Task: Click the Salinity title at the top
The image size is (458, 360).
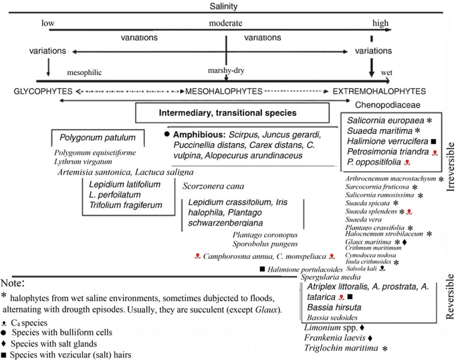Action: point(228,6)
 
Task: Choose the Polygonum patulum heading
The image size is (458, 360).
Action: point(98,138)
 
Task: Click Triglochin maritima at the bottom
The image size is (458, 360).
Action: point(347,347)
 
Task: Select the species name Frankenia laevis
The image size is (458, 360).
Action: point(338,337)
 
